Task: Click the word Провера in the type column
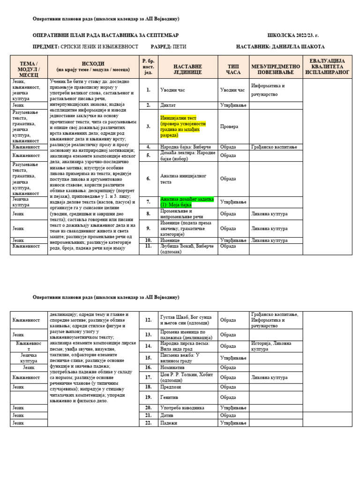229,127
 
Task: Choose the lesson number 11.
148,245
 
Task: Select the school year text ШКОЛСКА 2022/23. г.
292,35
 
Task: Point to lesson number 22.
148,423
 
